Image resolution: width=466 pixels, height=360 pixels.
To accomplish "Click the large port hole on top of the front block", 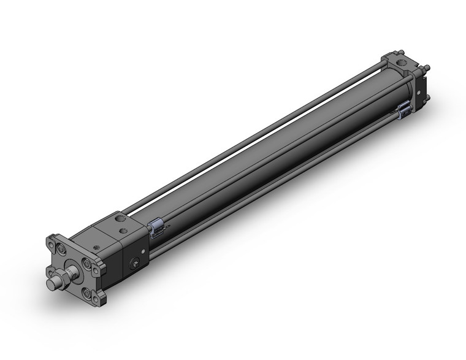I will point(118,219).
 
